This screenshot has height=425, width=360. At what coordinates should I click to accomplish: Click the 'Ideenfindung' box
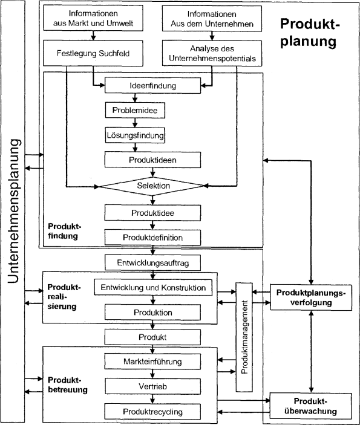click(152, 86)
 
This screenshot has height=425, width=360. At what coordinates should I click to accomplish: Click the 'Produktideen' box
click(152, 160)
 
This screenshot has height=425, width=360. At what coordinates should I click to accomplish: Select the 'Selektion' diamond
click(153, 185)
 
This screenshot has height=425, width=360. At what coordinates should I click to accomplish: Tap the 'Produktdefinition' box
click(152, 237)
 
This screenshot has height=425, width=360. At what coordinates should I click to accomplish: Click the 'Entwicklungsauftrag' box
click(152, 262)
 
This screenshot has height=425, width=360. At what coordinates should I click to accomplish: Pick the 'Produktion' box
click(152, 313)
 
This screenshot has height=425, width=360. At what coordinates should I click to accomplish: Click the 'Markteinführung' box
click(152, 362)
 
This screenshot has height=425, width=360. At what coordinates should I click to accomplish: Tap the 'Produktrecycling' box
click(152, 412)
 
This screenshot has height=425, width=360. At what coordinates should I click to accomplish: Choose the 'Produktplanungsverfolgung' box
click(310, 297)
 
